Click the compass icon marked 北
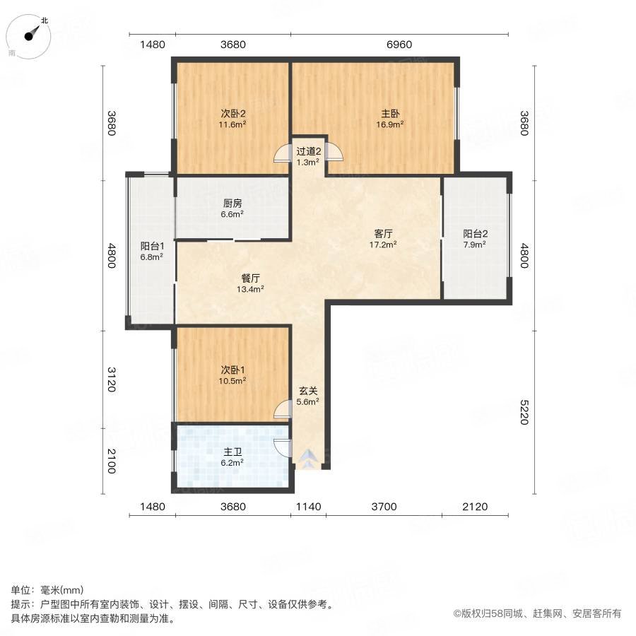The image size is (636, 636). (x=30, y=36)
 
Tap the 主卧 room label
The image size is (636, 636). (x=389, y=113)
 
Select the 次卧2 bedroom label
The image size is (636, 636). (x=232, y=113)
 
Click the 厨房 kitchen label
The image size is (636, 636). (x=232, y=203)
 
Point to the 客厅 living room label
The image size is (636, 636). (x=384, y=234)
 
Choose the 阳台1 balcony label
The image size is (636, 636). (x=152, y=247)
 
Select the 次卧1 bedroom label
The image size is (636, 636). (x=232, y=370)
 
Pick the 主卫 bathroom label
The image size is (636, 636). (x=232, y=452)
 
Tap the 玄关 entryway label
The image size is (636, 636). (x=307, y=391)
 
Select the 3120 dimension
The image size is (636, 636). (x=111, y=378)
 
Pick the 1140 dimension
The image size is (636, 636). (x=308, y=506)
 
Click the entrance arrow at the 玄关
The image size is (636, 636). (x=307, y=460)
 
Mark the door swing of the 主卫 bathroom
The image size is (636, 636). (x=282, y=447)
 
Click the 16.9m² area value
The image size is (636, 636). (x=389, y=124)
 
